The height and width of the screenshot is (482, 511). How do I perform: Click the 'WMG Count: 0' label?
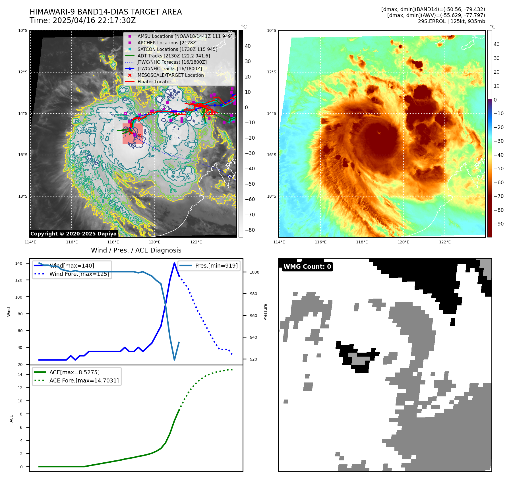click(x=307, y=267)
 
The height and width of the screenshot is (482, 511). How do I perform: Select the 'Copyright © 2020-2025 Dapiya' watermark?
click(x=73, y=234)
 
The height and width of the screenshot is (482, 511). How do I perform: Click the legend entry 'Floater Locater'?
click(x=154, y=82)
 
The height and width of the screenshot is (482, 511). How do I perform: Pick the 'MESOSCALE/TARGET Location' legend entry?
click(x=170, y=75)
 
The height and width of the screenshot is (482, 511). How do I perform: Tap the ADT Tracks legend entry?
click(x=173, y=56)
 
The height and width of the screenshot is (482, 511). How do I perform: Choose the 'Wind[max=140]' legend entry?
click(x=72, y=266)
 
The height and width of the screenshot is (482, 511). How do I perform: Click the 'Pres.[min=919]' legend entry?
click(x=216, y=266)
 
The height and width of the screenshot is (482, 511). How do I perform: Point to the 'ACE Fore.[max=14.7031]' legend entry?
click(x=84, y=380)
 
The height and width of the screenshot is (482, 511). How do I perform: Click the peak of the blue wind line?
click(x=174, y=263)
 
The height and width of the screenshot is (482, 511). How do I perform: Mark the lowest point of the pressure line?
click(x=174, y=360)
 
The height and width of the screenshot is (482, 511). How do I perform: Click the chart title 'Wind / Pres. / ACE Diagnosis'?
click(x=136, y=250)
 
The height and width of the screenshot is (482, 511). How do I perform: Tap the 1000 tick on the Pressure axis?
click(x=254, y=272)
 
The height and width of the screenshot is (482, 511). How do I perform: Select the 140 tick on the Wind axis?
click(x=18, y=264)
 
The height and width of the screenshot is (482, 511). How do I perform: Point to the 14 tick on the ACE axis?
click(x=20, y=375)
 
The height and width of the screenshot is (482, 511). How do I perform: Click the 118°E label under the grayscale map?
click(x=113, y=242)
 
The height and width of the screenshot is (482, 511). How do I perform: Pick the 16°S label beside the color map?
click(x=271, y=155)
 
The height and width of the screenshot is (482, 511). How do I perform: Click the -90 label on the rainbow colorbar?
click(x=498, y=224)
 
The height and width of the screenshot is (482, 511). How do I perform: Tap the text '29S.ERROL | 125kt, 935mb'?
click(x=451, y=21)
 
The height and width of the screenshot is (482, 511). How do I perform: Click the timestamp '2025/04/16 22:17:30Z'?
click(x=94, y=21)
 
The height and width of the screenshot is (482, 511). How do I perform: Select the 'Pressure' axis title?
click(x=265, y=312)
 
